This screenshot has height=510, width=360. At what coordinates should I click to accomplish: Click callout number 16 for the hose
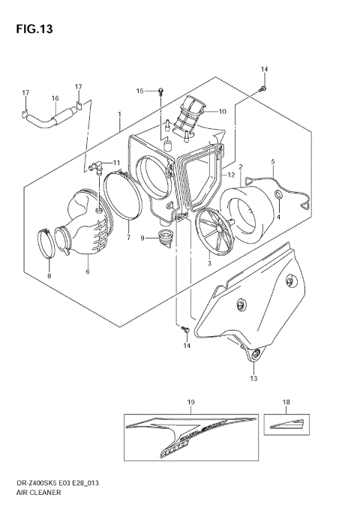tap(55, 98)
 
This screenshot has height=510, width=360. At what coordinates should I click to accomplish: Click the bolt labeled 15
tap(161, 91)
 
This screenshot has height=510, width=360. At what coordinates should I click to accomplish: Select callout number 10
tap(222, 112)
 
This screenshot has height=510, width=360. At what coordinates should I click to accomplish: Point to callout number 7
tap(127, 237)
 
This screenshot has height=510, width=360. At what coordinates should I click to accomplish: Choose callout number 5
tap(273, 161)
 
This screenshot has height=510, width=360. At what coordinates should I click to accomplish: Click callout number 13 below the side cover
tap(253, 379)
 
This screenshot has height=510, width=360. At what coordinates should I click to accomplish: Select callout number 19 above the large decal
tap(190, 403)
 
